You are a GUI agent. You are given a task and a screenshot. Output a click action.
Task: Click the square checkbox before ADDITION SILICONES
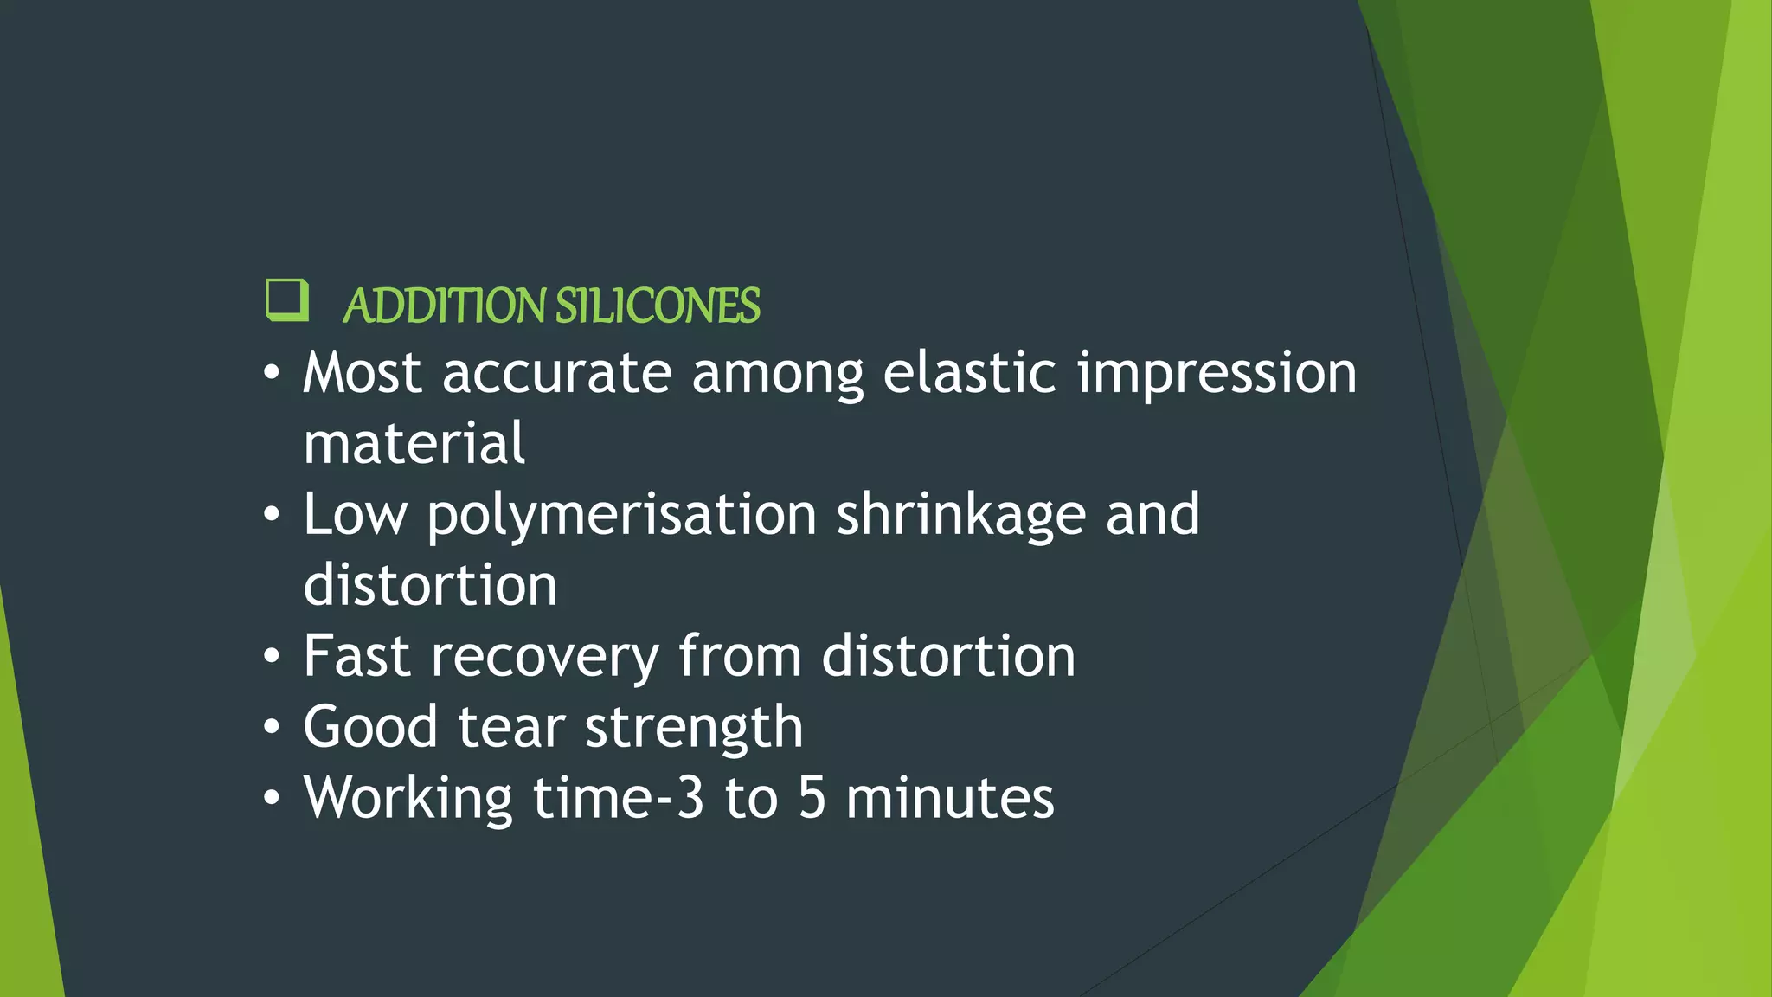tap(286, 300)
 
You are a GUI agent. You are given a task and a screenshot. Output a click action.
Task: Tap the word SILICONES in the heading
tap(658, 306)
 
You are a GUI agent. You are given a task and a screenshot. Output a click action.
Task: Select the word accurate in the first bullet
tap(557, 373)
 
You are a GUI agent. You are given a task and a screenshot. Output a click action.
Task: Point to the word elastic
tap(970, 373)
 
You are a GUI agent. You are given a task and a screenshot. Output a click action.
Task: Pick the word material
tap(414, 443)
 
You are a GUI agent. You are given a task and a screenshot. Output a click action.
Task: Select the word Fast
tap(356, 656)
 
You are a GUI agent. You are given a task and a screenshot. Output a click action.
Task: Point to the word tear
tap(511, 727)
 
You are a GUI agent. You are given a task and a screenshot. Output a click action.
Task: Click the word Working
tap(408, 799)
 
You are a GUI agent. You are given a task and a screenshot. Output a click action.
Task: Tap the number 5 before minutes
tap(812, 798)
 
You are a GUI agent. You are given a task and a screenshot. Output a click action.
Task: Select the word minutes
tap(950, 798)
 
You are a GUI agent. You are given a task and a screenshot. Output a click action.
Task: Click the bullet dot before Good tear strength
tap(272, 728)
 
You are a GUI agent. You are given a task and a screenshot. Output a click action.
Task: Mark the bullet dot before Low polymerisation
tap(272, 515)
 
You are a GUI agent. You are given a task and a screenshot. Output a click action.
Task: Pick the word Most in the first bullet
tap(362, 373)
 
